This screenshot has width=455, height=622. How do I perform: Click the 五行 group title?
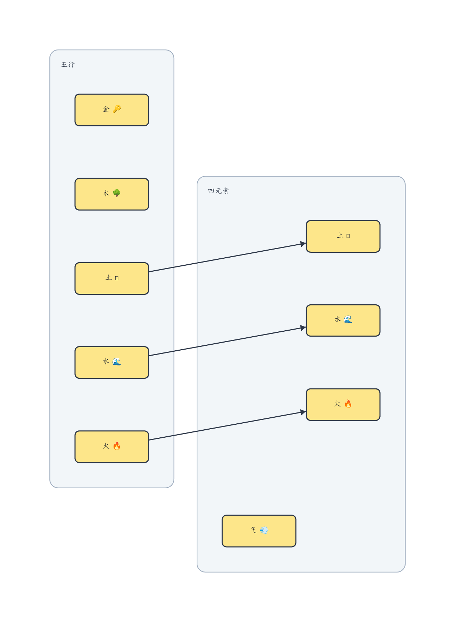point(68,64)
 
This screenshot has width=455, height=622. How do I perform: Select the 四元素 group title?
point(218,191)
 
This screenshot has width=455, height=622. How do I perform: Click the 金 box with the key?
point(111,110)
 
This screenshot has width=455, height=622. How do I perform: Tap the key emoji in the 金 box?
point(117,109)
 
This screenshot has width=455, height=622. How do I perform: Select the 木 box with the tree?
point(111,194)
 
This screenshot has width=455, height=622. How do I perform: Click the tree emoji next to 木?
point(117,193)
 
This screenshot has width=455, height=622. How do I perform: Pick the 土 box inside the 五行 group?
point(111,278)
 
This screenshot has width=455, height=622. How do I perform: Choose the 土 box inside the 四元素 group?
point(343,236)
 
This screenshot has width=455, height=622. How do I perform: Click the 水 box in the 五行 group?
point(111,362)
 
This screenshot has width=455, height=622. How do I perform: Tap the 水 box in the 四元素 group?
point(343,320)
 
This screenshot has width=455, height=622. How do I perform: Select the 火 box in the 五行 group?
point(111,446)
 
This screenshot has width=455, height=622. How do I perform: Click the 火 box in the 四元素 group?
point(343,404)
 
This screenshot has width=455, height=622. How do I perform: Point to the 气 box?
point(259,531)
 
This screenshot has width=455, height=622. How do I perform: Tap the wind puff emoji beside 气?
point(264,530)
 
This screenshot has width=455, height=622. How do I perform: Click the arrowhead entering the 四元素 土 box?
point(303,244)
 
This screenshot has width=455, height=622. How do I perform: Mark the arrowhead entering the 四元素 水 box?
point(303,328)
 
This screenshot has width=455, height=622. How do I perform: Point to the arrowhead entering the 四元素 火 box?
point(303,412)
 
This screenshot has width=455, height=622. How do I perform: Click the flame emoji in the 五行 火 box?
point(117,446)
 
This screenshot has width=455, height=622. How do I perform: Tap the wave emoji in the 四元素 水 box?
point(348,319)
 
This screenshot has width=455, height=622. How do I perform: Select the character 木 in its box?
point(106,193)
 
